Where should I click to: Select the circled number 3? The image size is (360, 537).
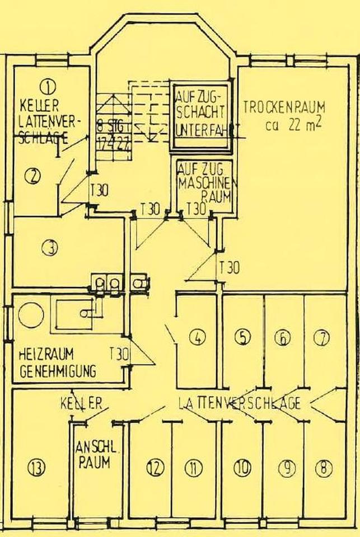[52, 247]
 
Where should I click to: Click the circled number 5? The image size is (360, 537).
[242, 337]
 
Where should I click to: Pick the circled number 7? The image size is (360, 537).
[322, 337]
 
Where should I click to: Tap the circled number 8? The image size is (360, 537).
[324, 468]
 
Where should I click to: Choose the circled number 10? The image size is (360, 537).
[242, 468]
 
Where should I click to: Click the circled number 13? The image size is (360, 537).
[37, 467]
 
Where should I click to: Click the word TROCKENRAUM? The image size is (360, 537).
[284, 106]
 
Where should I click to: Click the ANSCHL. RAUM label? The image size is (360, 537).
[94, 455]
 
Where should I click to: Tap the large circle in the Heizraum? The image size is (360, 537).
[30, 315]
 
